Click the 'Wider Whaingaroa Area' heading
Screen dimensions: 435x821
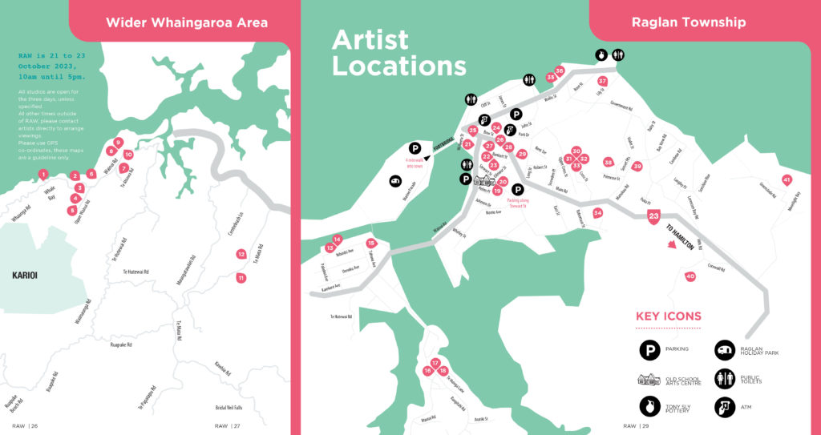(x=187, y=22)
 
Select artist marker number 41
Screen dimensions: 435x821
(x=787, y=180)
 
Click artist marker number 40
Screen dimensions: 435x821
(x=690, y=276)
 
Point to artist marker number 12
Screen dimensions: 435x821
(x=241, y=254)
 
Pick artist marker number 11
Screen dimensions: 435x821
(x=241, y=278)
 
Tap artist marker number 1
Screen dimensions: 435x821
(x=43, y=174)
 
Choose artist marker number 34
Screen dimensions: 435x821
(x=597, y=213)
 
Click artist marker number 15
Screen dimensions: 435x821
(x=370, y=243)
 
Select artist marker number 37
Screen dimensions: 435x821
(x=602, y=81)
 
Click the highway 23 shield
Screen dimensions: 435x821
(x=654, y=216)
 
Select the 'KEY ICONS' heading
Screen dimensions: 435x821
(x=668, y=316)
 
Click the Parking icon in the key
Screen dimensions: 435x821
(x=649, y=349)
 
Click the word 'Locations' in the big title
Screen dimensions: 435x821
(x=398, y=65)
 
